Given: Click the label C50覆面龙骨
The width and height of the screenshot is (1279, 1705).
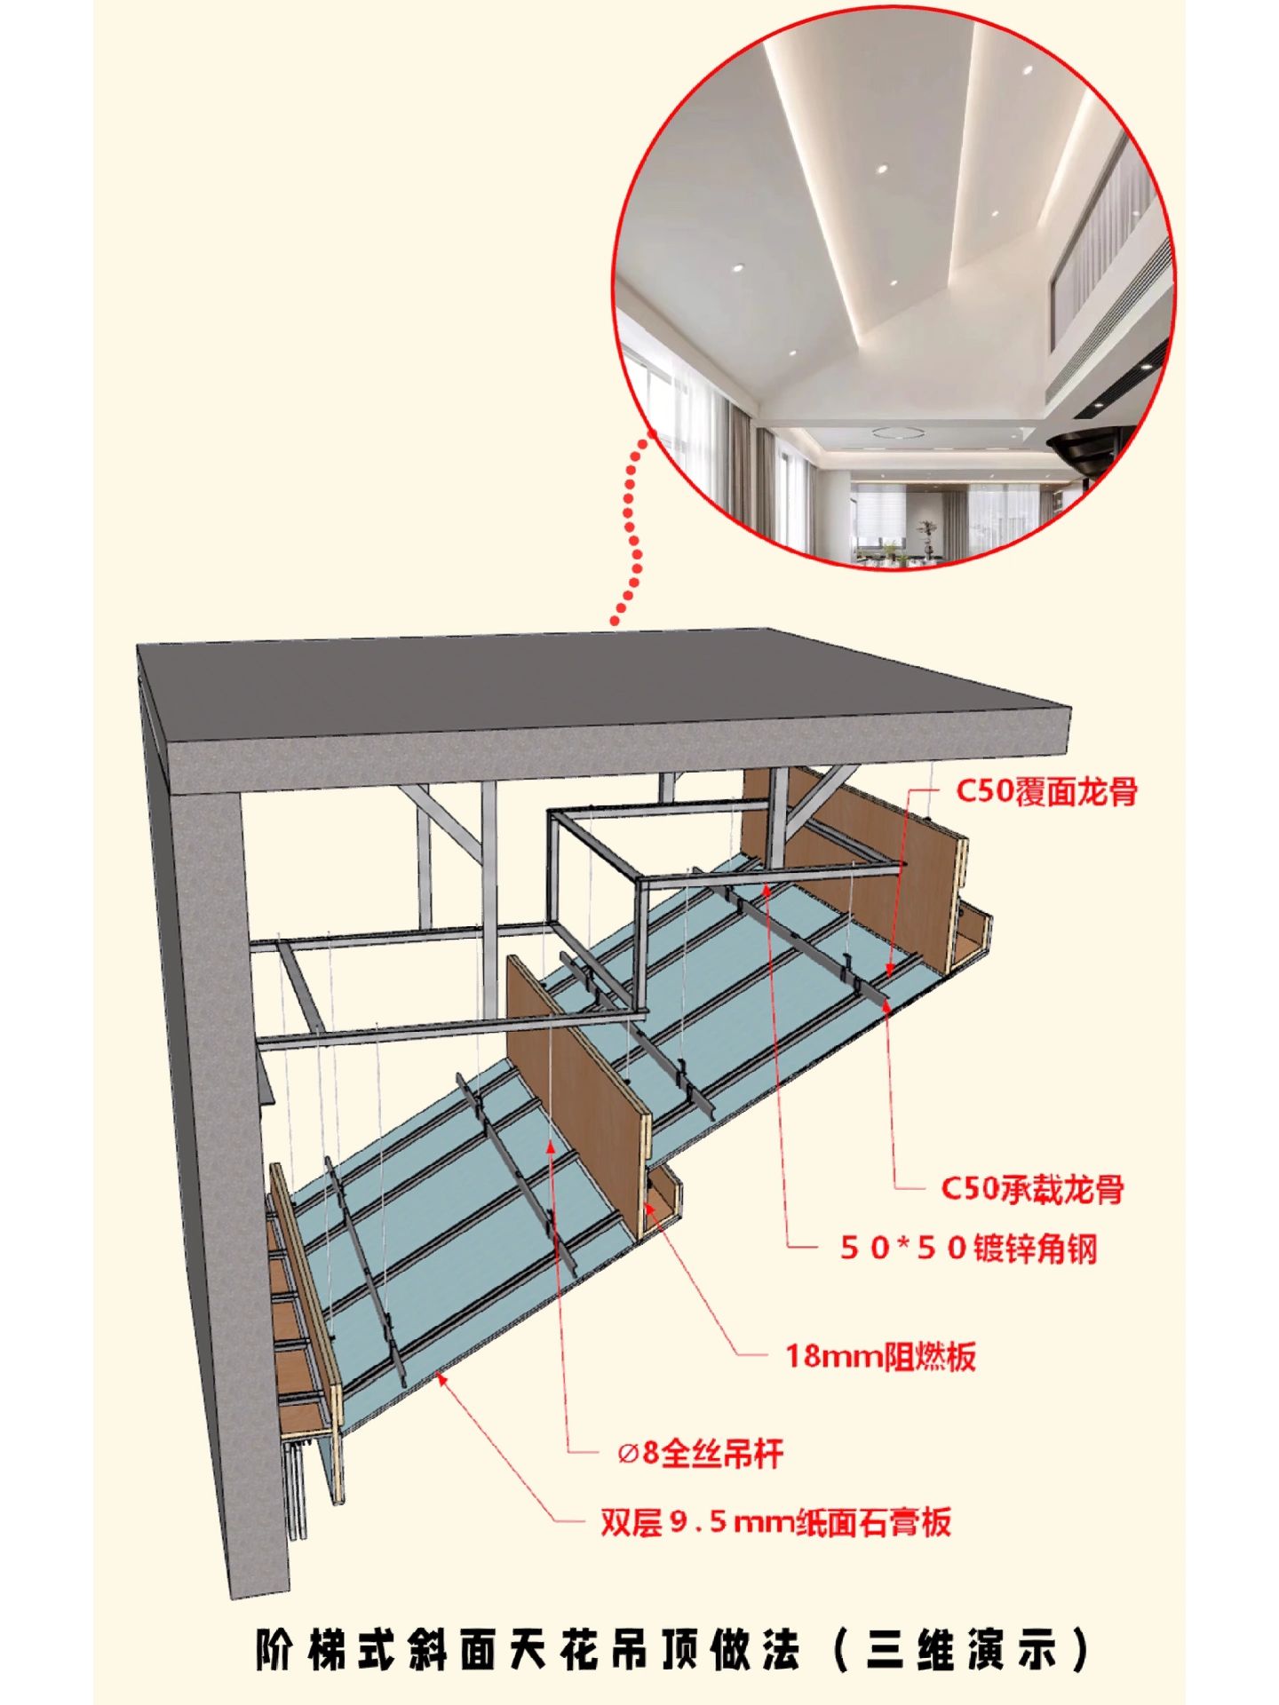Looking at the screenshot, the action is [1046, 790].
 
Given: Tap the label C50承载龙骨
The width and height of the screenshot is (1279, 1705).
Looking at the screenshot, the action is [1033, 1187].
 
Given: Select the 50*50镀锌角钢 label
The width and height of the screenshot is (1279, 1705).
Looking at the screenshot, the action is [969, 1249].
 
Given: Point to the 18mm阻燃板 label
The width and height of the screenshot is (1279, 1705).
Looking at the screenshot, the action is [881, 1356].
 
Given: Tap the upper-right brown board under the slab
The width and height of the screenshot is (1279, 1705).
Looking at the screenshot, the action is [853, 861].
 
